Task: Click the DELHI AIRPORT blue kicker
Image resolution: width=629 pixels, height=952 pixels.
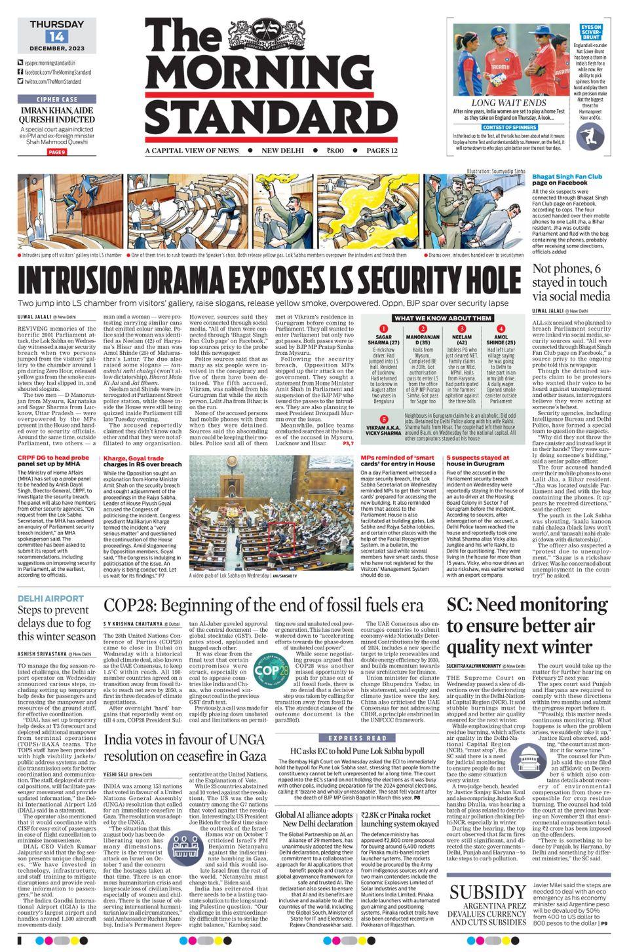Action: (x=50, y=598)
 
